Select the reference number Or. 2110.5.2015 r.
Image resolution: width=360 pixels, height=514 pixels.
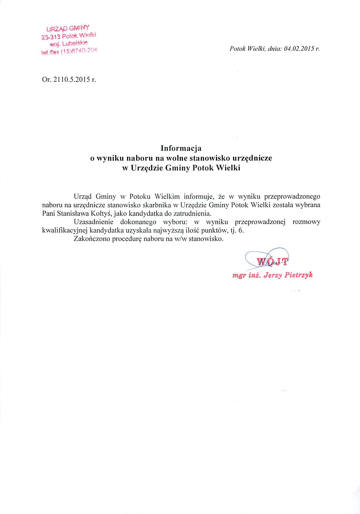click(x=69, y=80)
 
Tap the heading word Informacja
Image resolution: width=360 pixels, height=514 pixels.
click(x=181, y=148)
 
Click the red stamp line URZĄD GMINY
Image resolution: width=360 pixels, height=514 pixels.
click(x=68, y=28)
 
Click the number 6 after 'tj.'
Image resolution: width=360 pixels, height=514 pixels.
click(x=241, y=230)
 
